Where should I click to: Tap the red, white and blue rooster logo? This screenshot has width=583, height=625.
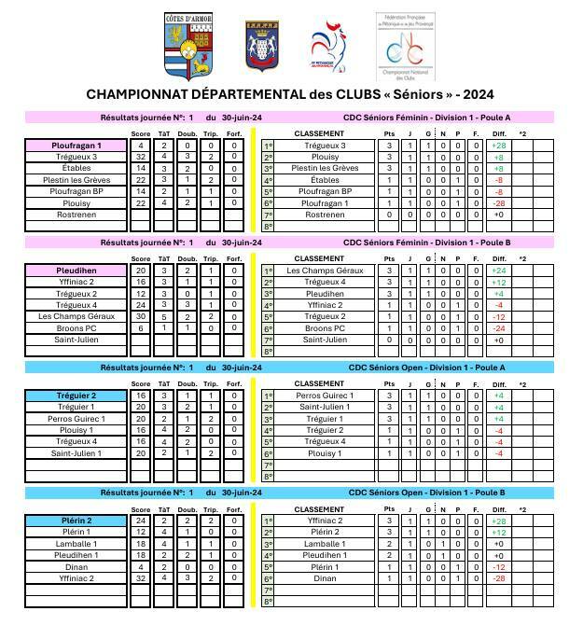pos(329,47)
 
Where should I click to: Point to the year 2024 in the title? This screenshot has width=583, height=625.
pos(478,94)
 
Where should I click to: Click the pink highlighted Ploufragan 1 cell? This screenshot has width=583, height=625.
pos(76,146)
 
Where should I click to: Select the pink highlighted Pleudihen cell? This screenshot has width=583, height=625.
pos(76,271)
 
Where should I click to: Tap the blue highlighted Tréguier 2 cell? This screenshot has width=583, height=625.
pos(76,396)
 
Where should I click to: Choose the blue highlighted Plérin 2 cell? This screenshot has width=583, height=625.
pos(76,521)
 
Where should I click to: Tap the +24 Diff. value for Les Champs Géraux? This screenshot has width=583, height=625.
pos(499,271)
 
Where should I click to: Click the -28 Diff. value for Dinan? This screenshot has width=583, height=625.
pos(499,578)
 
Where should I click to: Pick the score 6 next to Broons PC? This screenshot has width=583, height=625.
pos(141,328)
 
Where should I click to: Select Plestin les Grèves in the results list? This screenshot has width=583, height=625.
pos(76,180)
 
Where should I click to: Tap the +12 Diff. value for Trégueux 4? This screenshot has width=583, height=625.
pos(499,283)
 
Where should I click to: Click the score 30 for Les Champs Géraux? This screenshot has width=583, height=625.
pos(141,316)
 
